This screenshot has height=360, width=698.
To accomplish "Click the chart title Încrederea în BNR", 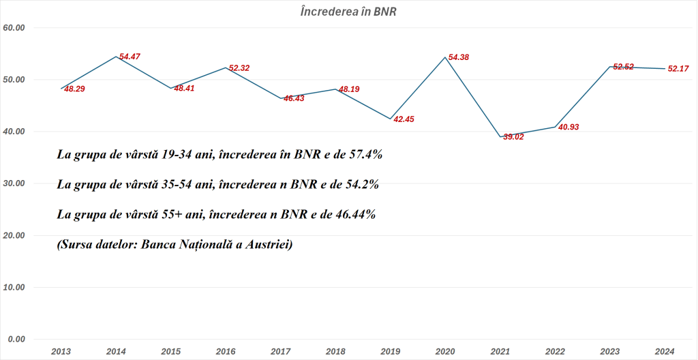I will pyautogui.click(x=348, y=12).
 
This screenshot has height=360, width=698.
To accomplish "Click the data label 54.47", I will pyautogui.click(x=130, y=57).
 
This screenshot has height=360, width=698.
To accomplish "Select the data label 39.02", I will pyautogui.click(x=514, y=137).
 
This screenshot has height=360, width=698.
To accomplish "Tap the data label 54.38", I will pyautogui.click(x=458, y=57).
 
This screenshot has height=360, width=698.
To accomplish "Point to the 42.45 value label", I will pyautogui.click(x=404, y=119).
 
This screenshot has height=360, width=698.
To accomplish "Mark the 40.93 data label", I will pyautogui.click(x=568, y=127).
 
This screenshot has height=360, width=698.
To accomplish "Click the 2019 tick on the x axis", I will pyautogui.click(x=390, y=351).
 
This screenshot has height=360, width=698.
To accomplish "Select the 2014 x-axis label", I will pyautogui.click(x=116, y=351).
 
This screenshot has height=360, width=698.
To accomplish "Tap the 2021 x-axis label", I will pyautogui.click(x=500, y=351).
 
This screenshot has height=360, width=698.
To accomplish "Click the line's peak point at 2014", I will pyautogui.click(x=116, y=57).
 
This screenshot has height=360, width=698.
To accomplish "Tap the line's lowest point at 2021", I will pyautogui.click(x=500, y=136).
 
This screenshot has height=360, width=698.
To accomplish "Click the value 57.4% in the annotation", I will pyautogui.click(x=365, y=155).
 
